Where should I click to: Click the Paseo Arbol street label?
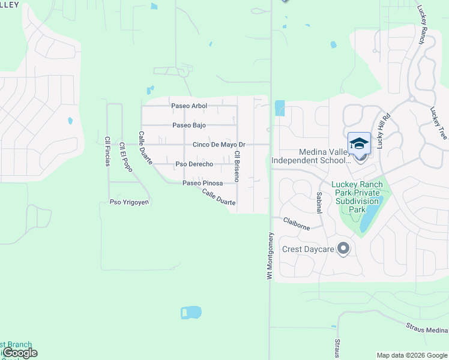click(x=189, y=106)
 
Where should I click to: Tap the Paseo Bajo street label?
click(x=189, y=125)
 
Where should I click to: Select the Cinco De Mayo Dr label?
click(x=219, y=145)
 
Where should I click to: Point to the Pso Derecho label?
click(x=194, y=164)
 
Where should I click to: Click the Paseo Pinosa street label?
click(x=203, y=183)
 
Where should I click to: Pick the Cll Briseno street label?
click(x=237, y=163)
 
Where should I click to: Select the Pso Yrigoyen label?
click(x=129, y=202)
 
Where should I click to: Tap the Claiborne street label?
click(x=297, y=224)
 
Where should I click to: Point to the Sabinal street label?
click(x=319, y=203)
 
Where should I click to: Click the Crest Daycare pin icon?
click(x=343, y=248)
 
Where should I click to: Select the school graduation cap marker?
click(x=359, y=143)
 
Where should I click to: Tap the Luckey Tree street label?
click(x=438, y=123)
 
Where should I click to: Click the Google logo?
click(x=19, y=353)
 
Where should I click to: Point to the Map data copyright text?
click(x=412, y=355)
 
